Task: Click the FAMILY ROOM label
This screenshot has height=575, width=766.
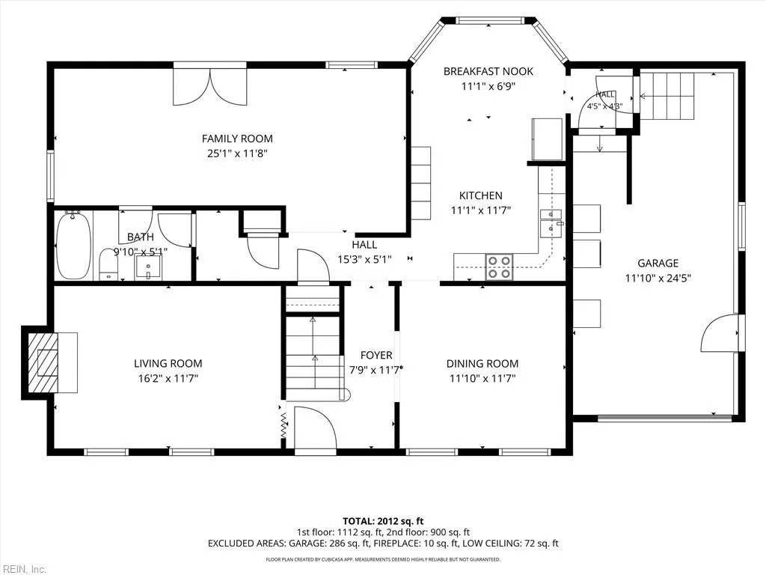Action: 237,139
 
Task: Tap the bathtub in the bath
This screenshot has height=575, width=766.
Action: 74,245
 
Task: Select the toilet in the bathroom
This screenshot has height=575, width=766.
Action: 108,264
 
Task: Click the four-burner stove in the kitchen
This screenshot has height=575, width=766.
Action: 499,267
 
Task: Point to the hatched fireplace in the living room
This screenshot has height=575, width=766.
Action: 43,362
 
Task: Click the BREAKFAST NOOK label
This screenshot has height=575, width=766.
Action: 488,71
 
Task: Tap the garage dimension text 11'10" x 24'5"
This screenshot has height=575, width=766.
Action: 658,279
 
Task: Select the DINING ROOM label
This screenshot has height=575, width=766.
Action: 482,363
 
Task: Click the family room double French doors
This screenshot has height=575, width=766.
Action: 210,87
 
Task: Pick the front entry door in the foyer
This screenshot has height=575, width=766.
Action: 316,428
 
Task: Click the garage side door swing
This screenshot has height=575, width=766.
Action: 719,333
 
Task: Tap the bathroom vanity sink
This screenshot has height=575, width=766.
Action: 149,266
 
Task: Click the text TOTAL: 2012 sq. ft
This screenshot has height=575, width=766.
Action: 383,521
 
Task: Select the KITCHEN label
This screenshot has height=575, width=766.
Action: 481,195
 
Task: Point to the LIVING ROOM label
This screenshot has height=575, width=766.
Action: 168,363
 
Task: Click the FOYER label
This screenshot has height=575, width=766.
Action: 376,356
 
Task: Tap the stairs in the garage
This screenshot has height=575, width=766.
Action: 667,96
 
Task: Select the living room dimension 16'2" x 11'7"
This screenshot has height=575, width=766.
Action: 168,378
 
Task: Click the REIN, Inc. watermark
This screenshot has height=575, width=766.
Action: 23,569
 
